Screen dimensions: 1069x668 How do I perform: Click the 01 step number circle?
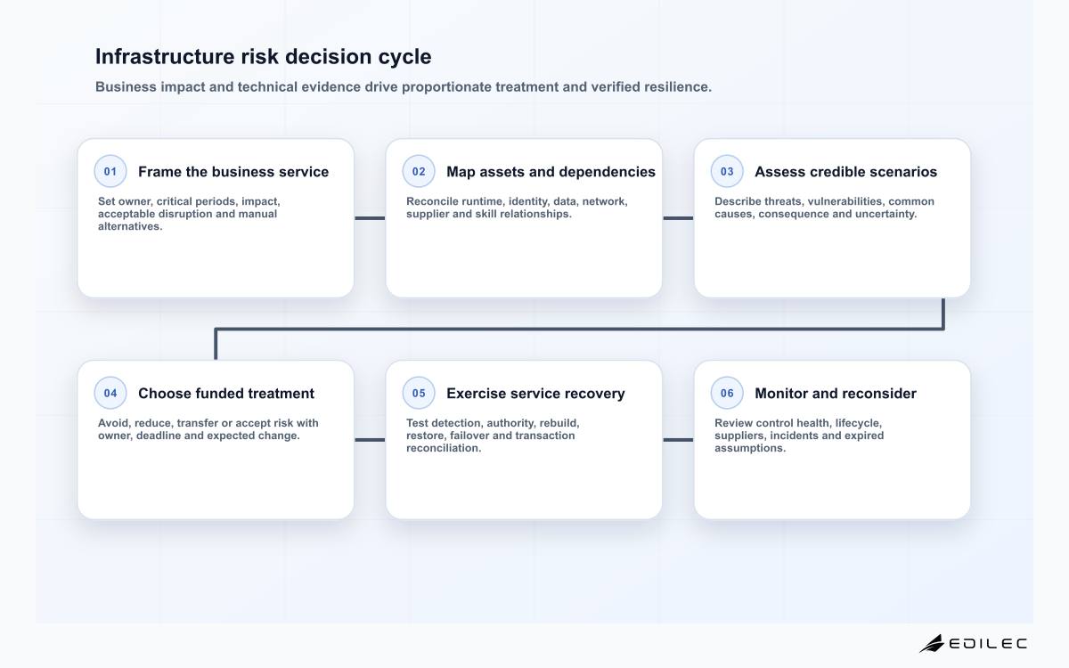click(110, 171)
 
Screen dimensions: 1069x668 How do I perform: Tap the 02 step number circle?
click(419, 171)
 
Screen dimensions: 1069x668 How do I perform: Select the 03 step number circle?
click(727, 171)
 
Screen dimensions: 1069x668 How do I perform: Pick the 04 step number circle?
click(110, 393)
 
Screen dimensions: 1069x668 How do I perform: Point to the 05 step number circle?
click(419, 393)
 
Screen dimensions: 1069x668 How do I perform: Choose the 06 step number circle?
click(727, 393)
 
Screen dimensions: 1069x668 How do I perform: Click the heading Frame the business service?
click(233, 172)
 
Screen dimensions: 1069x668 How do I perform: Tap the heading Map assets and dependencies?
click(551, 172)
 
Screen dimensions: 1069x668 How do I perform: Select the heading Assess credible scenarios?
click(845, 172)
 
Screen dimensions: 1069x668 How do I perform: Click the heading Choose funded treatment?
click(226, 394)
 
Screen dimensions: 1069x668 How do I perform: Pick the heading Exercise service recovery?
click(535, 394)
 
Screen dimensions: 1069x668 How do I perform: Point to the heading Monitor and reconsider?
click(836, 394)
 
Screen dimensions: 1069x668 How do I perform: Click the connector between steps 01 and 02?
click(370, 218)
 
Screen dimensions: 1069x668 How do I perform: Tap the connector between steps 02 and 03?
click(678, 218)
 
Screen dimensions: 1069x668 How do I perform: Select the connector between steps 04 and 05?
click(370, 440)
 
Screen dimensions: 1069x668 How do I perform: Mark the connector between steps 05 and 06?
click(678, 440)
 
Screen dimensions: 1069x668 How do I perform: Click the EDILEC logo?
click(973, 644)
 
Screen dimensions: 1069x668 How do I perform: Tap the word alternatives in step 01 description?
click(130, 226)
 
